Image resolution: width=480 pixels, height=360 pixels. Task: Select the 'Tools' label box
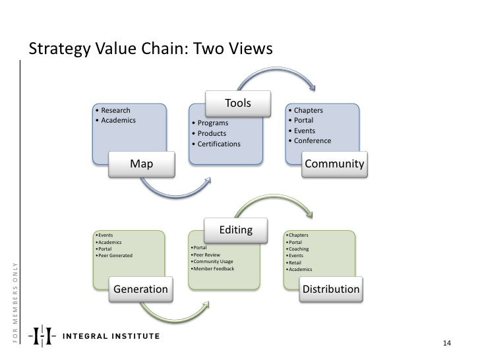[x=238, y=103]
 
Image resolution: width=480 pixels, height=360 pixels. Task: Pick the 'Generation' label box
[x=140, y=289]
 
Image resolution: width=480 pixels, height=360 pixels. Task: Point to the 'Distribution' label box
[x=331, y=289]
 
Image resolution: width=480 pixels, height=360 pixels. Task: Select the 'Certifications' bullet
[x=217, y=144]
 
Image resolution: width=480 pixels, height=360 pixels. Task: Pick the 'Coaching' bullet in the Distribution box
[x=300, y=249]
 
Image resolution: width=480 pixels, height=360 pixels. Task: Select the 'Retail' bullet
[x=297, y=262]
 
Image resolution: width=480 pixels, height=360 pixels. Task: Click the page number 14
[x=446, y=344]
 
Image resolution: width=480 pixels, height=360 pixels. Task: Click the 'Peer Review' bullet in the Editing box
[x=208, y=255]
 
